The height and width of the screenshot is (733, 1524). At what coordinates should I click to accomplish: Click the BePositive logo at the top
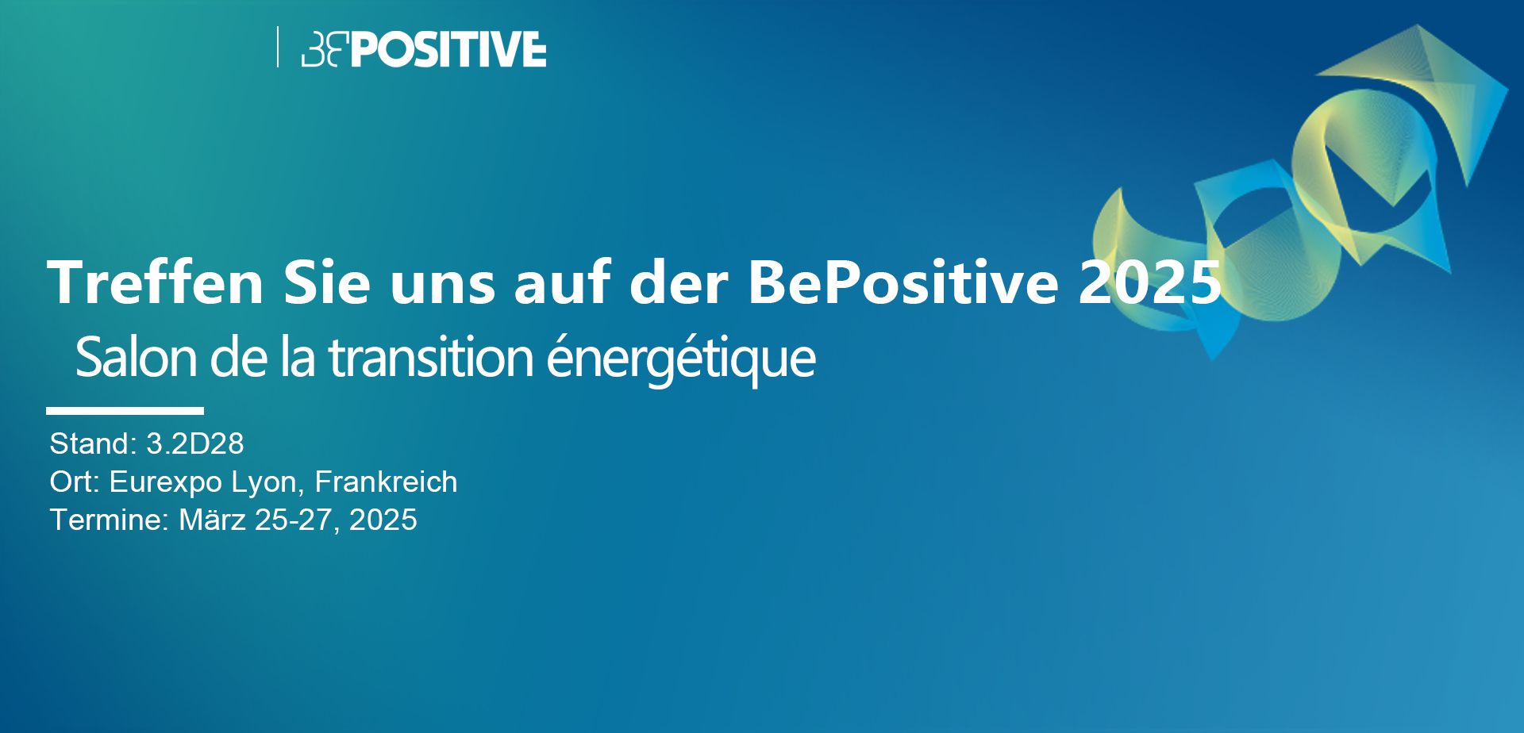click(x=424, y=49)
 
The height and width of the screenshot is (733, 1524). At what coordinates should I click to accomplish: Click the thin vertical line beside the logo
click(x=278, y=47)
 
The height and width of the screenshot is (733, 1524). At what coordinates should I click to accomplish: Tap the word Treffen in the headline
click(x=156, y=282)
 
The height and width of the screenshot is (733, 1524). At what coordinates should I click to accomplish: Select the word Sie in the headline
click(x=327, y=282)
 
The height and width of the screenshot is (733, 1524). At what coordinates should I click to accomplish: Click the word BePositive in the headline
click(x=903, y=282)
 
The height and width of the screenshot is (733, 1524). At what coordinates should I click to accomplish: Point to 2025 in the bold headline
click(x=1149, y=282)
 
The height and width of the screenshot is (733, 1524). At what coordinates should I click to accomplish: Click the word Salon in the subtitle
click(x=137, y=358)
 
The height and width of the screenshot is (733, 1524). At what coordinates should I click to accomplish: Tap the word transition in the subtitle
click(x=431, y=358)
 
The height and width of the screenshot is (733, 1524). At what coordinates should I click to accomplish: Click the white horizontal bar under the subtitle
click(x=125, y=411)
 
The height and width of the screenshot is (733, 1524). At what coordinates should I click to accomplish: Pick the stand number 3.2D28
click(x=195, y=443)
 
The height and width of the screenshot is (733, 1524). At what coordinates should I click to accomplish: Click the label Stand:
click(x=94, y=443)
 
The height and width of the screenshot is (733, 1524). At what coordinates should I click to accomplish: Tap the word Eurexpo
click(x=165, y=482)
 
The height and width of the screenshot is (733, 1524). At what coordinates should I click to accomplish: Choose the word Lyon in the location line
click(x=268, y=482)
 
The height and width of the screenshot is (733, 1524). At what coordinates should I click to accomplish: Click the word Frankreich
click(x=386, y=482)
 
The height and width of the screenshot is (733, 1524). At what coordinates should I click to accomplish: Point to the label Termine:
click(x=110, y=520)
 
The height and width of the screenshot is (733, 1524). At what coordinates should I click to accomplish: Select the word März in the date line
click(x=212, y=520)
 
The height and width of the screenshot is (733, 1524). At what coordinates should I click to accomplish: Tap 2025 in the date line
click(x=383, y=520)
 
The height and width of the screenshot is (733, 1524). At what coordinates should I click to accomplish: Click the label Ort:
click(x=75, y=482)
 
